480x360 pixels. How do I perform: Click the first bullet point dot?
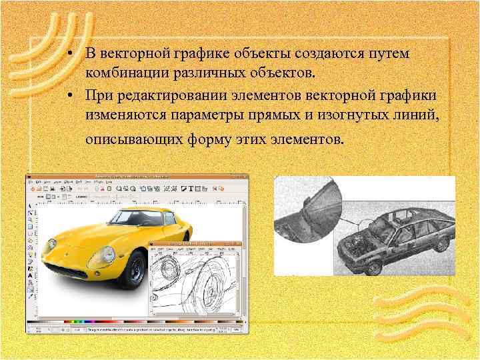tap(69, 53)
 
